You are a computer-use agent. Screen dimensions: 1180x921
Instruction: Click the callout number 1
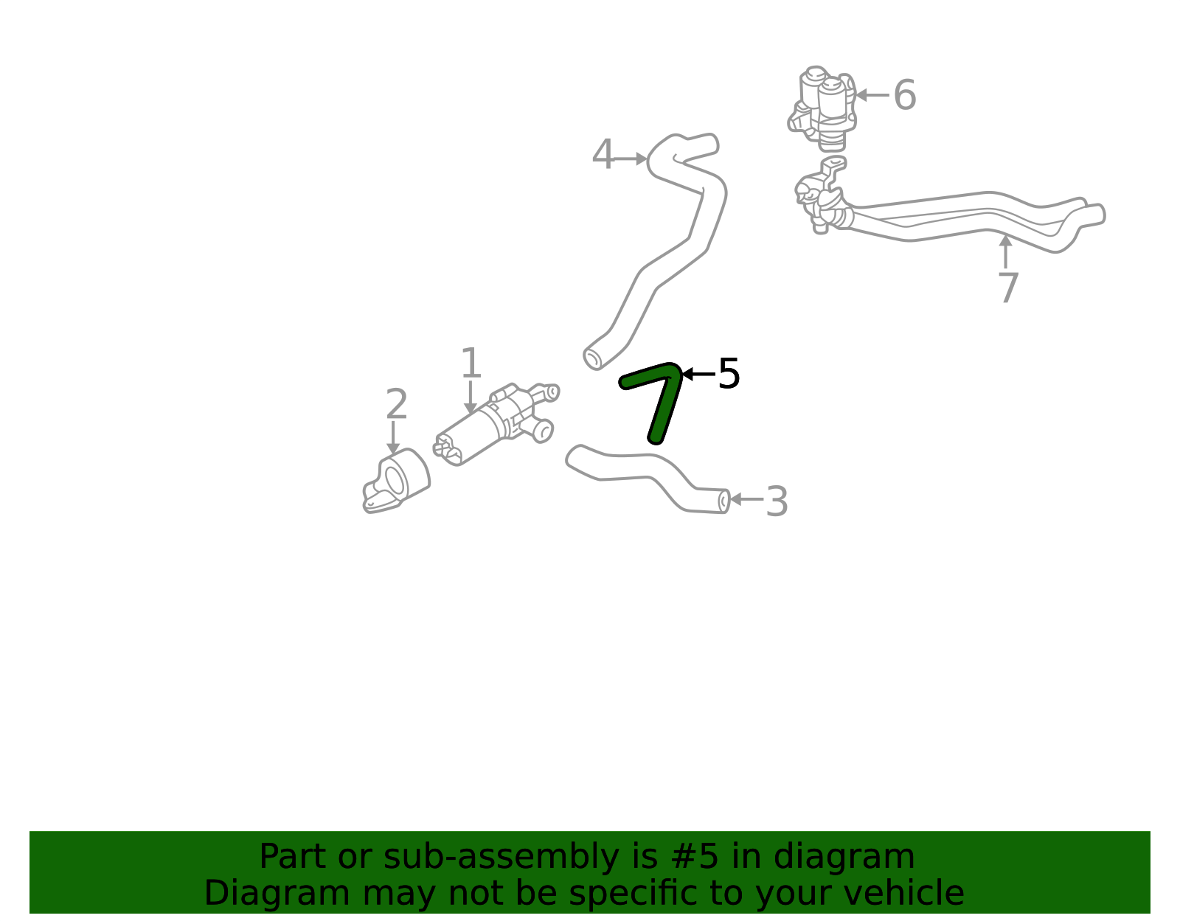(x=471, y=363)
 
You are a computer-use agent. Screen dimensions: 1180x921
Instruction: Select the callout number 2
(x=397, y=403)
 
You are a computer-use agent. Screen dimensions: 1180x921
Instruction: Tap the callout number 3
(x=777, y=501)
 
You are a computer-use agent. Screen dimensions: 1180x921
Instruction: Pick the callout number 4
(x=603, y=154)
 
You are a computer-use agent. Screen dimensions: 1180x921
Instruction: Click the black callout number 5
(x=729, y=373)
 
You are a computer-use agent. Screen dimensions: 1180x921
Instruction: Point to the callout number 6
(x=905, y=95)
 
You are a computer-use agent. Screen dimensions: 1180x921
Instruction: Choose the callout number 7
(x=1008, y=288)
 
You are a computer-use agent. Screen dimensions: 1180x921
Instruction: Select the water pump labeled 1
(x=496, y=424)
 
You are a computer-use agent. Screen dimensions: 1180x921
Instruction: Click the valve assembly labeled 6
(x=822, y=108)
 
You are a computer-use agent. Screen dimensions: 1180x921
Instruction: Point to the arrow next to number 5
(x=698, y=374)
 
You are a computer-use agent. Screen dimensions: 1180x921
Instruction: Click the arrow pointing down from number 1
(x=471, y=397)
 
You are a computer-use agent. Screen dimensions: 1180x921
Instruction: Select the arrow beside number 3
(x=746, y=499)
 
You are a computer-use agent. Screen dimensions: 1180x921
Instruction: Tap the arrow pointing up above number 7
(x=1006, y=251)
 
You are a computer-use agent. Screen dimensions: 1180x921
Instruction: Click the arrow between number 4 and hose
(x=630, y=159)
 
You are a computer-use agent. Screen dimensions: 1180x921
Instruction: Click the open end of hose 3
(x=724, y=501)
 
